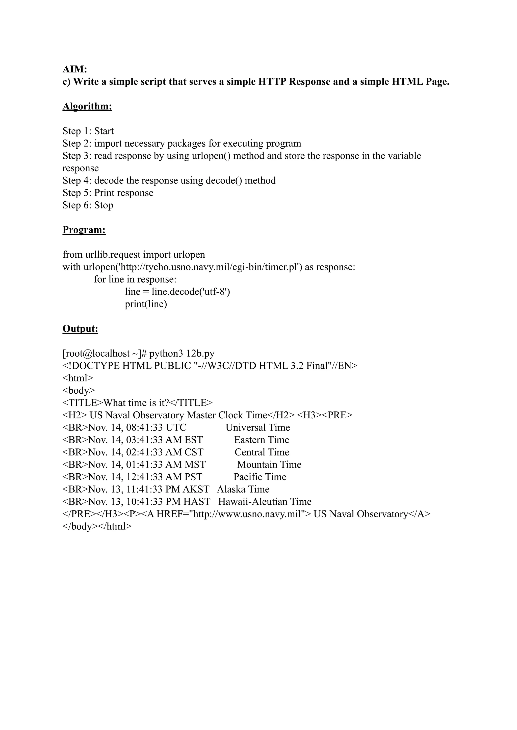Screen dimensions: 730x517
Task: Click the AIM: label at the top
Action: tap(75, 69)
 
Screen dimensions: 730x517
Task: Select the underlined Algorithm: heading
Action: tap(87, 106)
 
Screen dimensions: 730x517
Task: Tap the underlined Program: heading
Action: tap(84, 230)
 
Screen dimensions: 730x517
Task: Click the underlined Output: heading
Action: tap(80, 329)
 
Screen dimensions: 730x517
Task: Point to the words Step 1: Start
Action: tap(88, 131)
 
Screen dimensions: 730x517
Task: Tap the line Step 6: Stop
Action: tap(88, 205)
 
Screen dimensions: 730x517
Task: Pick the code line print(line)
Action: tap(146, 304)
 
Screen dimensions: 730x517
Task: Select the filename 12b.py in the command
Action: tap(200, 354)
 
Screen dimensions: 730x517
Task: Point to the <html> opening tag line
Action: tap(78, 378)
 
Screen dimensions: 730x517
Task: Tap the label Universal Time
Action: tap(258, 428)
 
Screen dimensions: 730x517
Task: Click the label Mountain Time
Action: tap(269, 465)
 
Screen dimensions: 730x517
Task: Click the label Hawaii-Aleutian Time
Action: tap(265, 502)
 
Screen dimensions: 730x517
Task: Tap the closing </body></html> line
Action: tap(97, 527)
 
